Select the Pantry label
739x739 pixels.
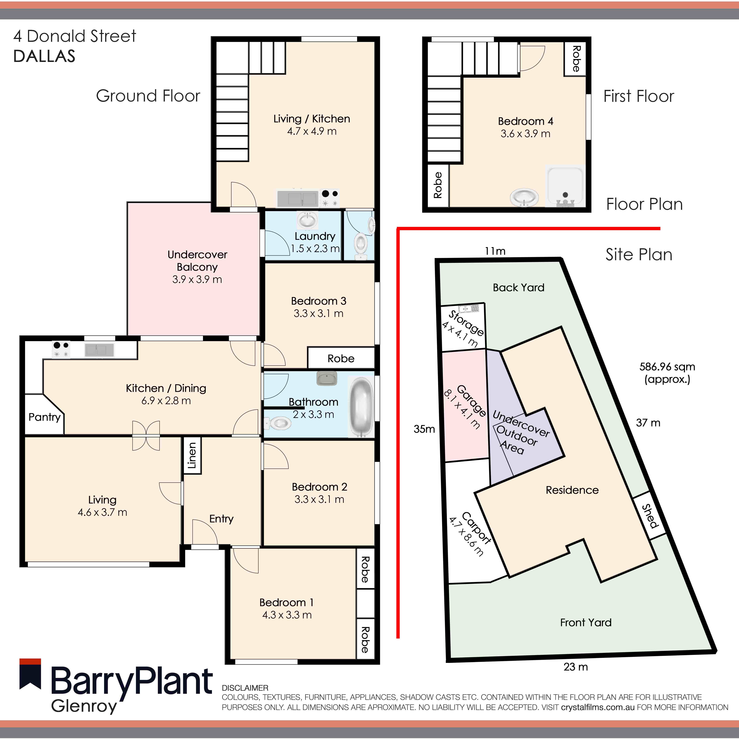point(44,417)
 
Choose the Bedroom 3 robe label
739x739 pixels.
point(341,358)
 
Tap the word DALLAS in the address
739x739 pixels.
point(44,56)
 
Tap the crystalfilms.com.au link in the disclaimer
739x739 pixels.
point(598,707)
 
